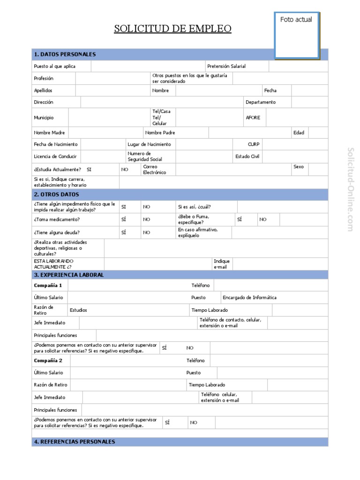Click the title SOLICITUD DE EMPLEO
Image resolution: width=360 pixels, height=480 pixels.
[x=173, y=29]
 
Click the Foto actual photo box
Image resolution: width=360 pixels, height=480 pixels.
[x=297, y=36]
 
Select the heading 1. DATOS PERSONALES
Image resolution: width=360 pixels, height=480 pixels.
[x=65, y=54]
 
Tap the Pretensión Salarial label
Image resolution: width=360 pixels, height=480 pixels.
[x=226, y=66]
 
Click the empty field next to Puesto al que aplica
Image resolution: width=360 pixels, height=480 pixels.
[x=147, y=66]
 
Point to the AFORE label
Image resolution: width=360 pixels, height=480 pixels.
[x=253, y=118]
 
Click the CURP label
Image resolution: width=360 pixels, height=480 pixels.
[x=254, y=144]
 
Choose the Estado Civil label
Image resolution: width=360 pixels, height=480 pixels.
[x=247, y=157]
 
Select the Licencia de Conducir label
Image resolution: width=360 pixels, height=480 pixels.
[x=55, y=157]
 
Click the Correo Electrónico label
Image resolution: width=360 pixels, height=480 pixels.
[x=154, y=169]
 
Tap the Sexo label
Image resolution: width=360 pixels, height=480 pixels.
[x=298, y=166]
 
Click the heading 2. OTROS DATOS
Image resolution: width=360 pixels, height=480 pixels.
[x=57, y=194]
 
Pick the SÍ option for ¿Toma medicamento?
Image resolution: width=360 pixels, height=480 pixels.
[x=124, y=219]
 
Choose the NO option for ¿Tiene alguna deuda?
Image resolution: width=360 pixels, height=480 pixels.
[x=147, y=232]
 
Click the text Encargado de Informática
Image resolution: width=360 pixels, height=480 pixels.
[x=249, y=297]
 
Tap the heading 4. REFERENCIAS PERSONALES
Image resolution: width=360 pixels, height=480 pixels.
[x=74, y=442]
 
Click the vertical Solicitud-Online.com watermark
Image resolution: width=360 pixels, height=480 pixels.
[x=350, y=189]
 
